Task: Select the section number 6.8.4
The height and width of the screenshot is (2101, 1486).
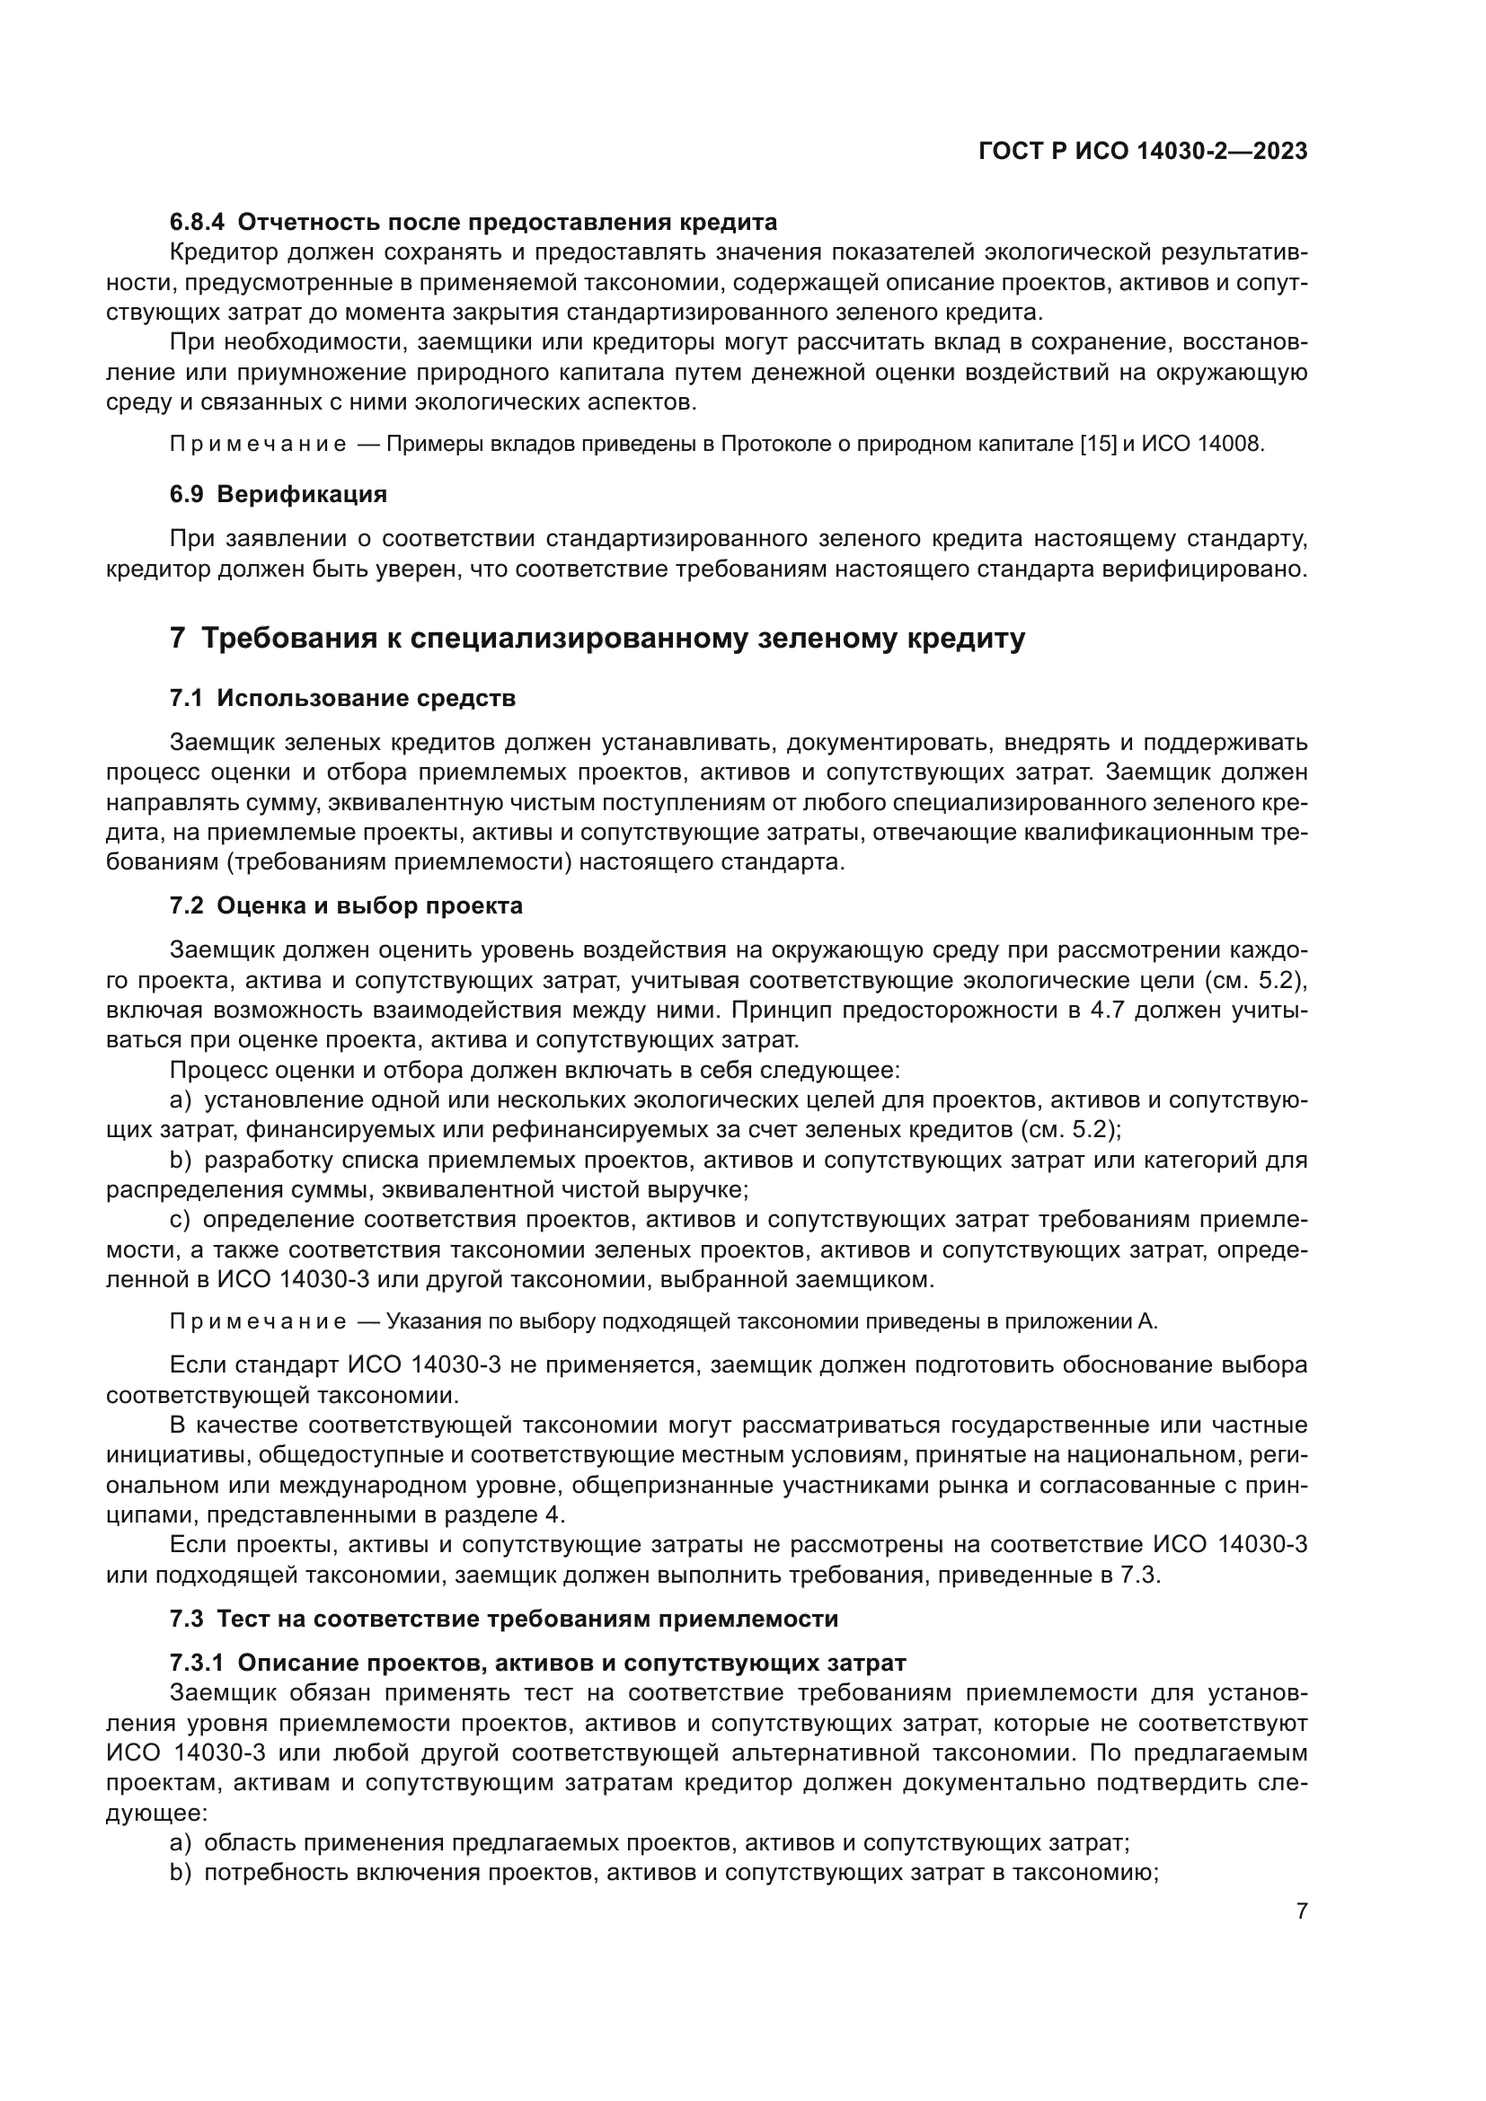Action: [x=197, y=223]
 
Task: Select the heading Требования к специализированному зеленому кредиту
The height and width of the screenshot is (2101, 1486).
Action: [x=612, y=638]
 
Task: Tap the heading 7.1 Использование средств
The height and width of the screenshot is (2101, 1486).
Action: [x=342, y=698]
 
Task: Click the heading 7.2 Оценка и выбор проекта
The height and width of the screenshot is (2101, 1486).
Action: [x=346, y=906]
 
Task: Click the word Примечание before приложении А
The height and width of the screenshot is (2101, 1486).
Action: [x=258, y=1321]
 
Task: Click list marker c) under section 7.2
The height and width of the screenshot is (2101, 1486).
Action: [x=180, y=1220]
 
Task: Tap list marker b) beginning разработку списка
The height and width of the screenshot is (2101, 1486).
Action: [x=181, y=1161]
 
